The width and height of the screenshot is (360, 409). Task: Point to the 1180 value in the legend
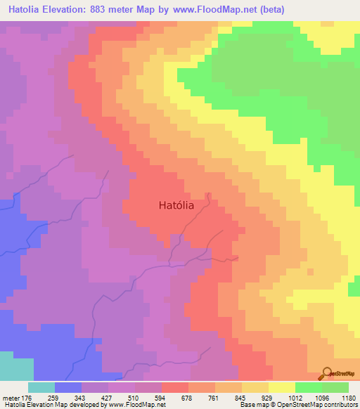(x=348, y=397)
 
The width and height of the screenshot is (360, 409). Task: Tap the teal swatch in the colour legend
(x=41, y=387)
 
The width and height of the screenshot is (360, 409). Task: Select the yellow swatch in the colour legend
(x=282, y=387)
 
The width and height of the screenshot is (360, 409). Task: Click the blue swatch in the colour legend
(x=68, y=387)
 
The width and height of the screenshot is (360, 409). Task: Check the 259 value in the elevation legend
(x=57, y=397)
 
